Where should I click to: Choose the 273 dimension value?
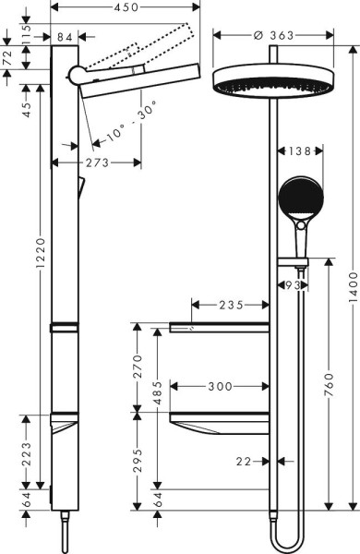coord(95,163)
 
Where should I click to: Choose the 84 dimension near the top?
coord(65,37)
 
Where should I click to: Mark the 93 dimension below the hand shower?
coord(293,284)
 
